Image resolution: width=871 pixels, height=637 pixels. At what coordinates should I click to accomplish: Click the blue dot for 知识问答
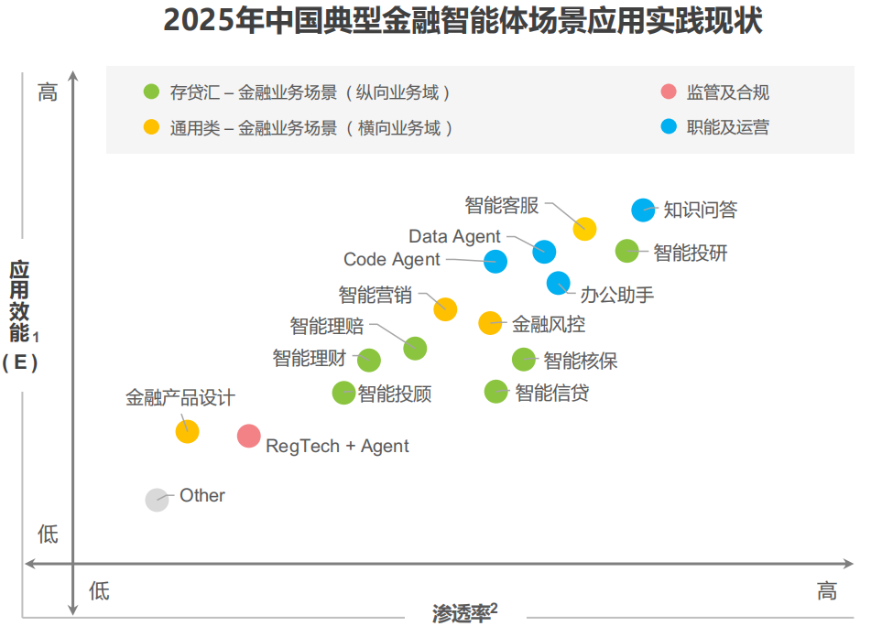[x=644, y=210]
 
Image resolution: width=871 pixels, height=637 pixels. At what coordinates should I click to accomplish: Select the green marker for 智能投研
[x=626, y=251]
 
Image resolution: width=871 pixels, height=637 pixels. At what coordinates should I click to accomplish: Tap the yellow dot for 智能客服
[x=584, y=229]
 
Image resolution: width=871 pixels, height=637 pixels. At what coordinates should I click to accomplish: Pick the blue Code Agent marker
[x=495, y=261]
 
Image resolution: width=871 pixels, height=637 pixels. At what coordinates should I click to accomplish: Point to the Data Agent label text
[x=454, y=237]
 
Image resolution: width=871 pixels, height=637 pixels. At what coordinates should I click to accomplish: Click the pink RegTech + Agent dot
[x=248, y=436]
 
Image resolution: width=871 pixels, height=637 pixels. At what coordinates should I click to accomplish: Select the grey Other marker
[x=158, y=500]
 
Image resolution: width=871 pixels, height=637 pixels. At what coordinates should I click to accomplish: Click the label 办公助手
[x=617, y=295]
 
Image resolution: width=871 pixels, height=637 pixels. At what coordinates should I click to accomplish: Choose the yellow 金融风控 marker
[x=490, y=322]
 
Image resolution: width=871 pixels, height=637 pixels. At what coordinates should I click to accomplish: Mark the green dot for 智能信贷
[x=495, y=392]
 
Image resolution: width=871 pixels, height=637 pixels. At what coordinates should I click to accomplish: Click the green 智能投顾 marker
[x=343, y=393]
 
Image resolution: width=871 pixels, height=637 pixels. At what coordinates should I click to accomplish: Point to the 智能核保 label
[x=581, y=361]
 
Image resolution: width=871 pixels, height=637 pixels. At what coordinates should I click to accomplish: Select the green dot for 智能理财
[x=368, y=360]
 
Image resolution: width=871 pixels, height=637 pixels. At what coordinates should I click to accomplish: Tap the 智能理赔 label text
[x=327, y=326]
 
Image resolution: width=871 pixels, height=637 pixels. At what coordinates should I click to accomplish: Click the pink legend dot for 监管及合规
[x=669, y=92]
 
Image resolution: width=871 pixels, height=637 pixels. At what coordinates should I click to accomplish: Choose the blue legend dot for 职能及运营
[x=669, y=126]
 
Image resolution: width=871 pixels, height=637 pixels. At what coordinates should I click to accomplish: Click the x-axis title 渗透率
[x=461, y=613]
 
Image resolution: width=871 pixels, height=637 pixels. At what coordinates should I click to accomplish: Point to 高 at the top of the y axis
[x=48, y=92]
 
